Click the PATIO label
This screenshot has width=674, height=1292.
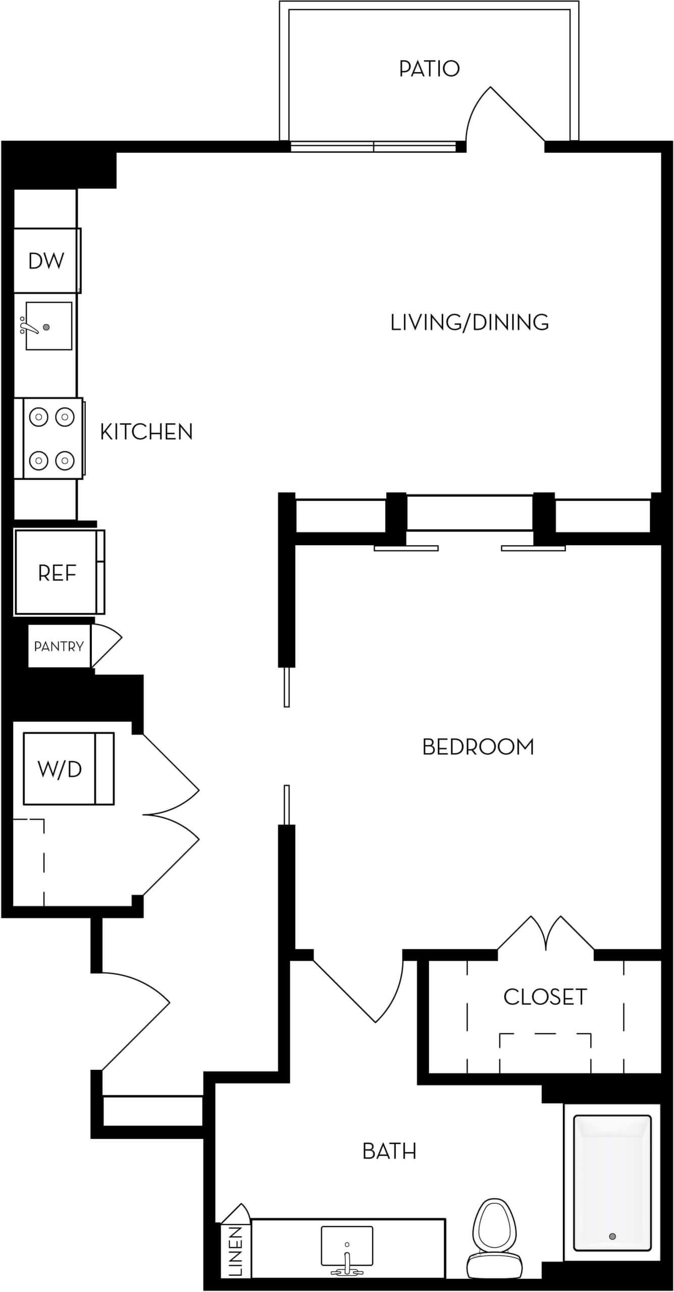pyautogui.click(x=429, y=69)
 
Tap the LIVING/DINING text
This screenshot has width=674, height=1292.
pyautogui.click(x=470, y=322)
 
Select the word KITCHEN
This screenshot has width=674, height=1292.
pyautogui.click(x=146, y=432)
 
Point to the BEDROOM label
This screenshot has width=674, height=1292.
pyautogui.click(x=478, y=747)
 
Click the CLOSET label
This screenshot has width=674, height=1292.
pyautogui.click(x=545, y=997)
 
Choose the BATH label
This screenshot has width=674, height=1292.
pyautogui.click(x=389, y=1151)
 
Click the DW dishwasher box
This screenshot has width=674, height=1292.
pyautogui.click(x=46, y=261)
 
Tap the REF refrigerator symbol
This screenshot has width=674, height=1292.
pyautogui.click(x=57, y=573)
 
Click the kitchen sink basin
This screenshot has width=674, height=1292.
pyautogui.click(x=48, y=326)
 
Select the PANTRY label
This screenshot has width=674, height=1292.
pyautogui.click(x=59, y=646)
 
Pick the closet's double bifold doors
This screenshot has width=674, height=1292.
pyautogui.click(x=546, y=934)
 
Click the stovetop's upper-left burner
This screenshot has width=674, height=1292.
pyautogui.click(x=38, y=417)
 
